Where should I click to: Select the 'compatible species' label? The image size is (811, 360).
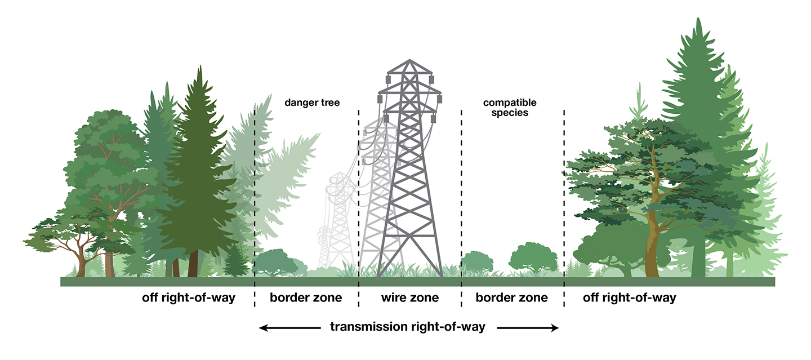coord(510,108)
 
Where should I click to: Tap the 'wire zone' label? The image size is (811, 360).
coord(410,297)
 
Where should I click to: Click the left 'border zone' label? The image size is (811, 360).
coord(306,297)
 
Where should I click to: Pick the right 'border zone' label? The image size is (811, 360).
coord(511,297)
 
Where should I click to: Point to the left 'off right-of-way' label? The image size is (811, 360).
coord(188,297)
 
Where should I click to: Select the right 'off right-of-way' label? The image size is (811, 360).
coord(629,297)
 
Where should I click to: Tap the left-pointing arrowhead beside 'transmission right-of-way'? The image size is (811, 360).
coord(264,327)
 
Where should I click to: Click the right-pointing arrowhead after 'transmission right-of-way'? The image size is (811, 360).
coord(554,327)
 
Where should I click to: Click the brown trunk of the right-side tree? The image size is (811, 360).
coord(652,248)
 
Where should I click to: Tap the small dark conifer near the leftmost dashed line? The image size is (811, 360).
coord(235,262)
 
